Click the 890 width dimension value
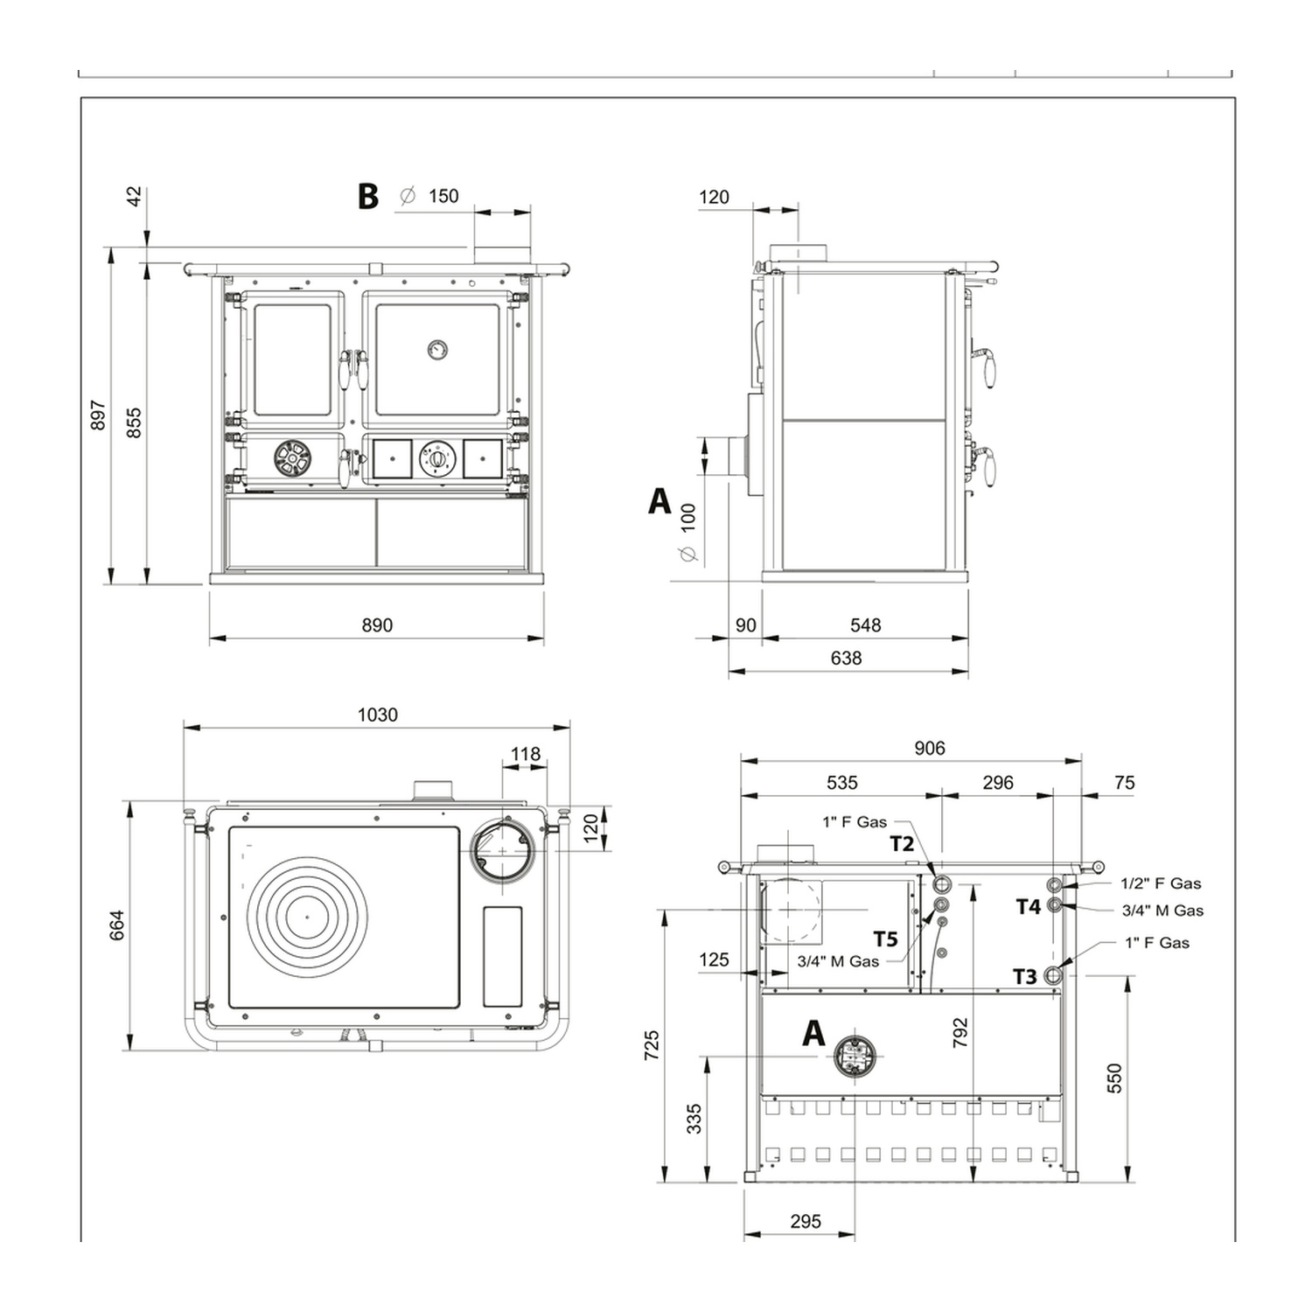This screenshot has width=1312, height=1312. (x=377, y=625)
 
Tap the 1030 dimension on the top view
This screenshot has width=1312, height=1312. (x=378, y=715)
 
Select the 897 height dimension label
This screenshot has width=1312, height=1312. (x=98, y=415)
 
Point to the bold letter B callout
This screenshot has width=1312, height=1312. (x=368, y=196)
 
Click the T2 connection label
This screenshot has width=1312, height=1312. (x=902, y=843)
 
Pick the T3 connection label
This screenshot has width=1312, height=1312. (x=1024, y=976)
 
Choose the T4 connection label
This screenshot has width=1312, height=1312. (x=1028, y=907)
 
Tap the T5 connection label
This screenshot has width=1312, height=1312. (x=885, y=939)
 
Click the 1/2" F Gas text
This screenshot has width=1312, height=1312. (x=1161, y=883)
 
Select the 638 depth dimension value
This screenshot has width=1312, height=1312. (x=846, y=658)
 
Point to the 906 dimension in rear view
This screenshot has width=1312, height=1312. (x=930, y=748)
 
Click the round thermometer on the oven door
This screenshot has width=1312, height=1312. (x=436, y=350)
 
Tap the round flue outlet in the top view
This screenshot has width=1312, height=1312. (x=503, y=849)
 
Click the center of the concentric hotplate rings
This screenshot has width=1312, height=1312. (x=307, y=917)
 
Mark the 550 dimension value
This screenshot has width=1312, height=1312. (x=1113, y=1078)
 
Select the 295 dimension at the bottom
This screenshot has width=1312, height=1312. (x=806, y=1221)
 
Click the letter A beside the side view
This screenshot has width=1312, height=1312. (x=659, y=501)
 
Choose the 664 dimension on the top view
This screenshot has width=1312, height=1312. (x=117, y=925)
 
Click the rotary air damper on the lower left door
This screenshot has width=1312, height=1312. (x=291, y=458)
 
